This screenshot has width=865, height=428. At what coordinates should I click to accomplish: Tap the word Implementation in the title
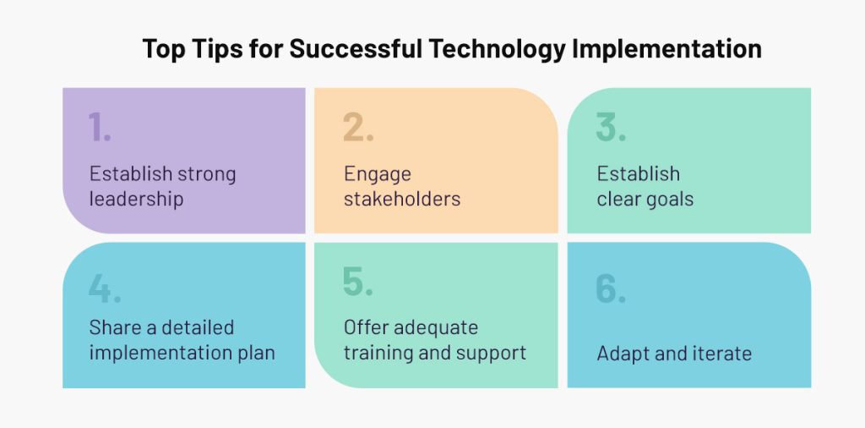(x=667, y=50)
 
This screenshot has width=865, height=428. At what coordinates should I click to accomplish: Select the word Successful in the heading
(x=356, y=48)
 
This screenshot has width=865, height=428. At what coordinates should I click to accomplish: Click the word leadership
(x=136, y=200)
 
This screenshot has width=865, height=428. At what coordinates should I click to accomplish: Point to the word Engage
(x=378, y=175)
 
